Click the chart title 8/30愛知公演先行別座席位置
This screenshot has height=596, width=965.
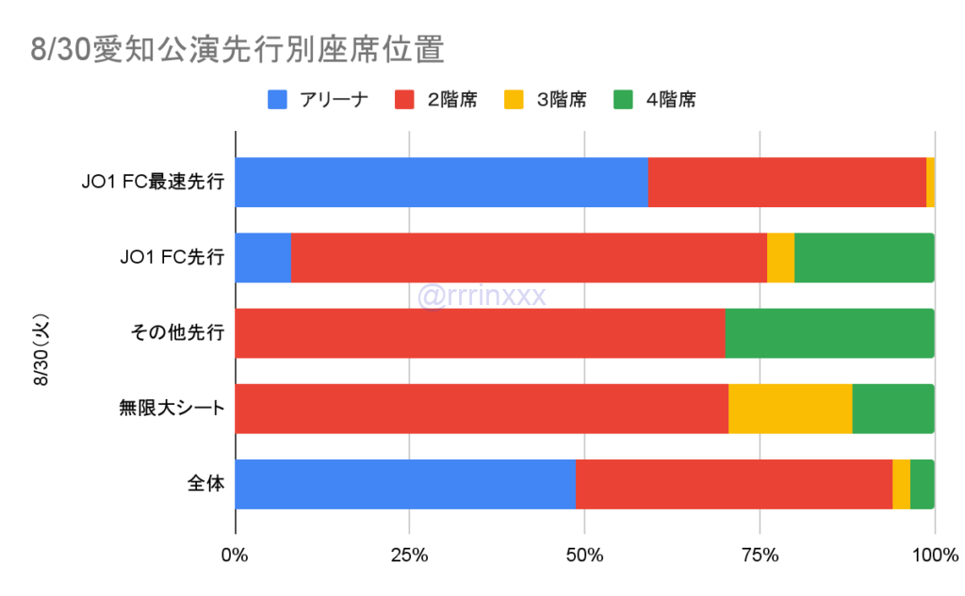(237, 50)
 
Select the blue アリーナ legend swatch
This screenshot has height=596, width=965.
(280, 99)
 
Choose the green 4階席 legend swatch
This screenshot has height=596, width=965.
(625, 99)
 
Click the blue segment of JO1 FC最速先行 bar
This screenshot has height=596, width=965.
(441, 182)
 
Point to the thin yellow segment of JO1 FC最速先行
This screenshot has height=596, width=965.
(930, 182)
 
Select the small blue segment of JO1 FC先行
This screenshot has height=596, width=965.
(263, 257)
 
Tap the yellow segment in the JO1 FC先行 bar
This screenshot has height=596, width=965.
(780, 257)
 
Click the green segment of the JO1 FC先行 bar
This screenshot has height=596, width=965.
(864, 257)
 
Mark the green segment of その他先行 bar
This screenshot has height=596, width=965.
(829, 332)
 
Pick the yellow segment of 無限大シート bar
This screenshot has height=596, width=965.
(790, 409)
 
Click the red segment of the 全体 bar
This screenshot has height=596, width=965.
(734, 484)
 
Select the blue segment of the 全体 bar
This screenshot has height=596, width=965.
(405, 484)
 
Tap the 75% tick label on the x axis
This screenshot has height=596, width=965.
(760, 555)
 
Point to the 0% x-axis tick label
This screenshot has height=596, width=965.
(235, 555)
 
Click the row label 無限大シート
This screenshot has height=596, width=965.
(172, 409)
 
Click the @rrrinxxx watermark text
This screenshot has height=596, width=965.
(482, 297)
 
